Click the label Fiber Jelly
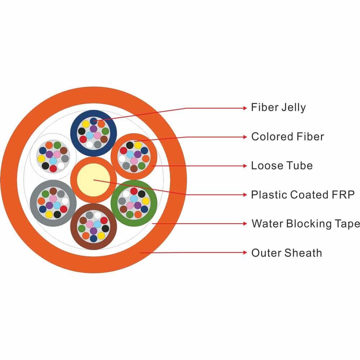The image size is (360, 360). coord(278,108)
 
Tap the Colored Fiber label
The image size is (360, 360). coord(287,137)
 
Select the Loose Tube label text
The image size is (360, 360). coord(282,166)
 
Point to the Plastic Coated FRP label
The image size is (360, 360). coord(303,195)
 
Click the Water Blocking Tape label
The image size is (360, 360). coord(305,224)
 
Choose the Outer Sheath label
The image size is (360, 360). coord(286,253)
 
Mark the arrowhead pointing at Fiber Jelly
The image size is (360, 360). coord(245,108)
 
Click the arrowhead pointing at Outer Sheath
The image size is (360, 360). coord(245,253)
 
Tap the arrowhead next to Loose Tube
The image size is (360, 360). coord(245,166)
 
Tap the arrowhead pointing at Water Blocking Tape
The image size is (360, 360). coord(245,224)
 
